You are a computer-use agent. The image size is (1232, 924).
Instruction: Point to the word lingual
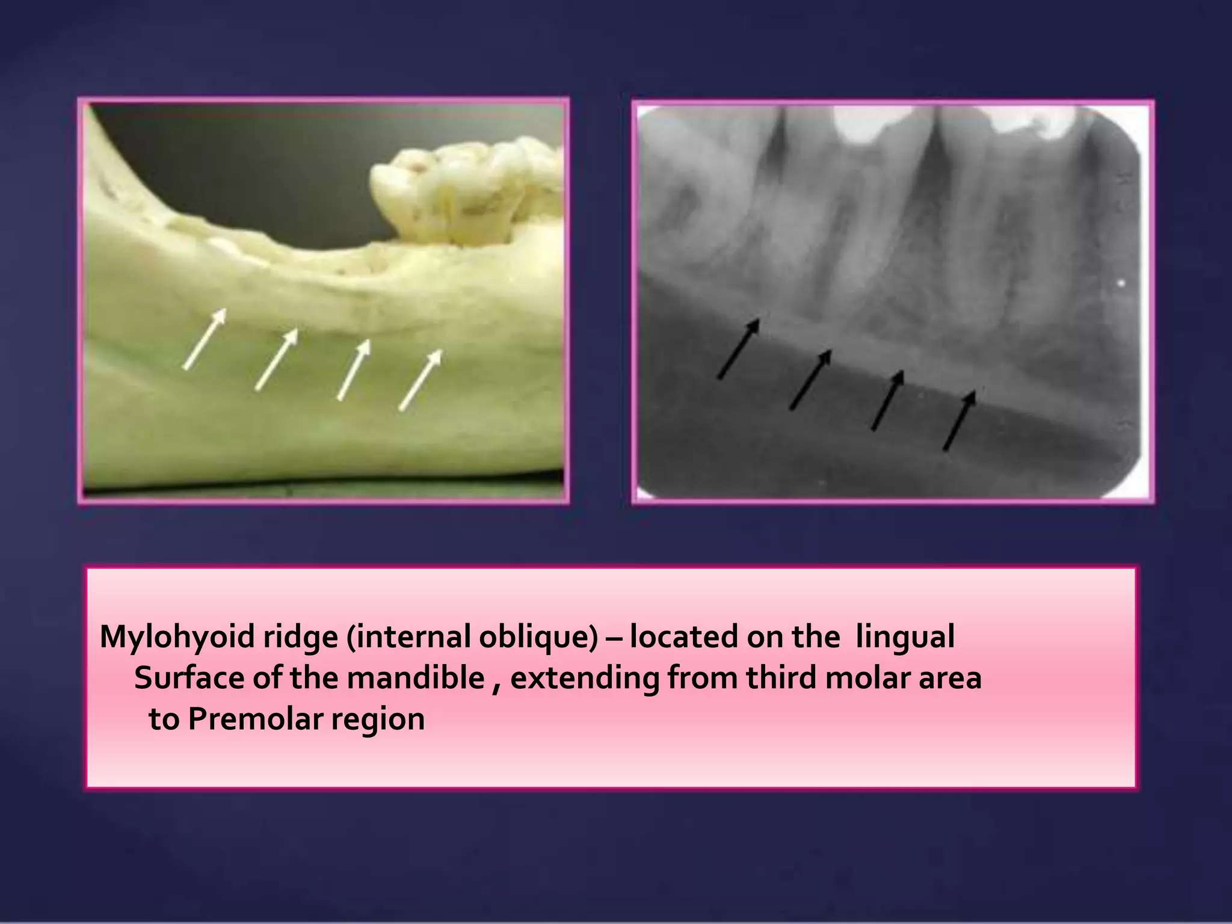click(905, 636)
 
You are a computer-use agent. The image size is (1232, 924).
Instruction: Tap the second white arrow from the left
click(276, 359)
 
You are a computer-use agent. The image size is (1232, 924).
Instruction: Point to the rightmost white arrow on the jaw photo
click(420, 380)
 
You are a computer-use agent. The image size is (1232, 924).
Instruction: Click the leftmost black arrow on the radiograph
click(739, 349)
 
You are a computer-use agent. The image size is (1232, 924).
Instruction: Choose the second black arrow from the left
click(810, 380)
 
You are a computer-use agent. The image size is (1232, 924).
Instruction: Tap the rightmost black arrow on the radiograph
click(959, 420)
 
